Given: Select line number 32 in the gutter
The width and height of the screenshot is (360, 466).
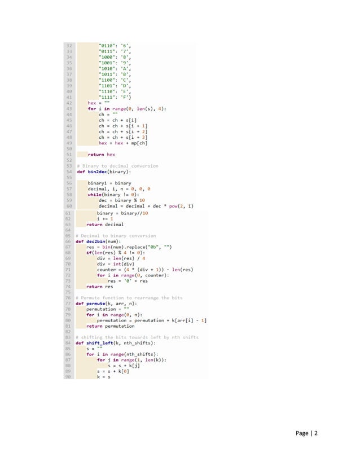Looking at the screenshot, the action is point(69,45).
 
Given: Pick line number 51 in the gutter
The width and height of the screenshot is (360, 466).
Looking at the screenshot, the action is point(69,154).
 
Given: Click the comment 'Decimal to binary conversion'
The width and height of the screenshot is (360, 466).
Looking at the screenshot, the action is point(118,236).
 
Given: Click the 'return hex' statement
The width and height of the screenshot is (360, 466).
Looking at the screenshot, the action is point(102,154).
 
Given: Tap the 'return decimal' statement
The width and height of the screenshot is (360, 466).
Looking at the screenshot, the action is point(101,224).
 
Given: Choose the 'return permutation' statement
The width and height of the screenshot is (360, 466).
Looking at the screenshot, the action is point(111,326).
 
